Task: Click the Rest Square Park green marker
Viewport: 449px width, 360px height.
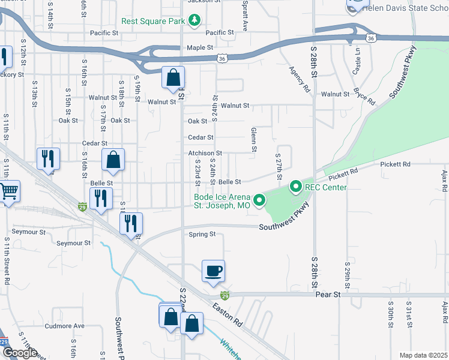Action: (194, 21)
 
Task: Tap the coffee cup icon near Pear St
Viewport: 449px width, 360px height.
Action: (213, 271)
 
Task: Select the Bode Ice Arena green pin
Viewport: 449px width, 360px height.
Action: (259, 200)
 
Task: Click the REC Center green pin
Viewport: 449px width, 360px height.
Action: (295, 187)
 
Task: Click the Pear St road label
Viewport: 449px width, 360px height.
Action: (328, 295)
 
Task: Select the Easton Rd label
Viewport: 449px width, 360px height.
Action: (226, 313)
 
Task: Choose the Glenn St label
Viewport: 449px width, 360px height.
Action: (253, 139)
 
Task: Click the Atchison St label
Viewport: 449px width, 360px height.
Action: (205, 154)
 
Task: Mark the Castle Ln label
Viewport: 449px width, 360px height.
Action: (356, 59)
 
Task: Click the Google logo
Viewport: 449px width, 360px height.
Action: (20, 353)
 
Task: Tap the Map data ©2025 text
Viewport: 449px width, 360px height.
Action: (423, 355)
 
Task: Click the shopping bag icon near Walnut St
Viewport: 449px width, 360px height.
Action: (173, 77)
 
